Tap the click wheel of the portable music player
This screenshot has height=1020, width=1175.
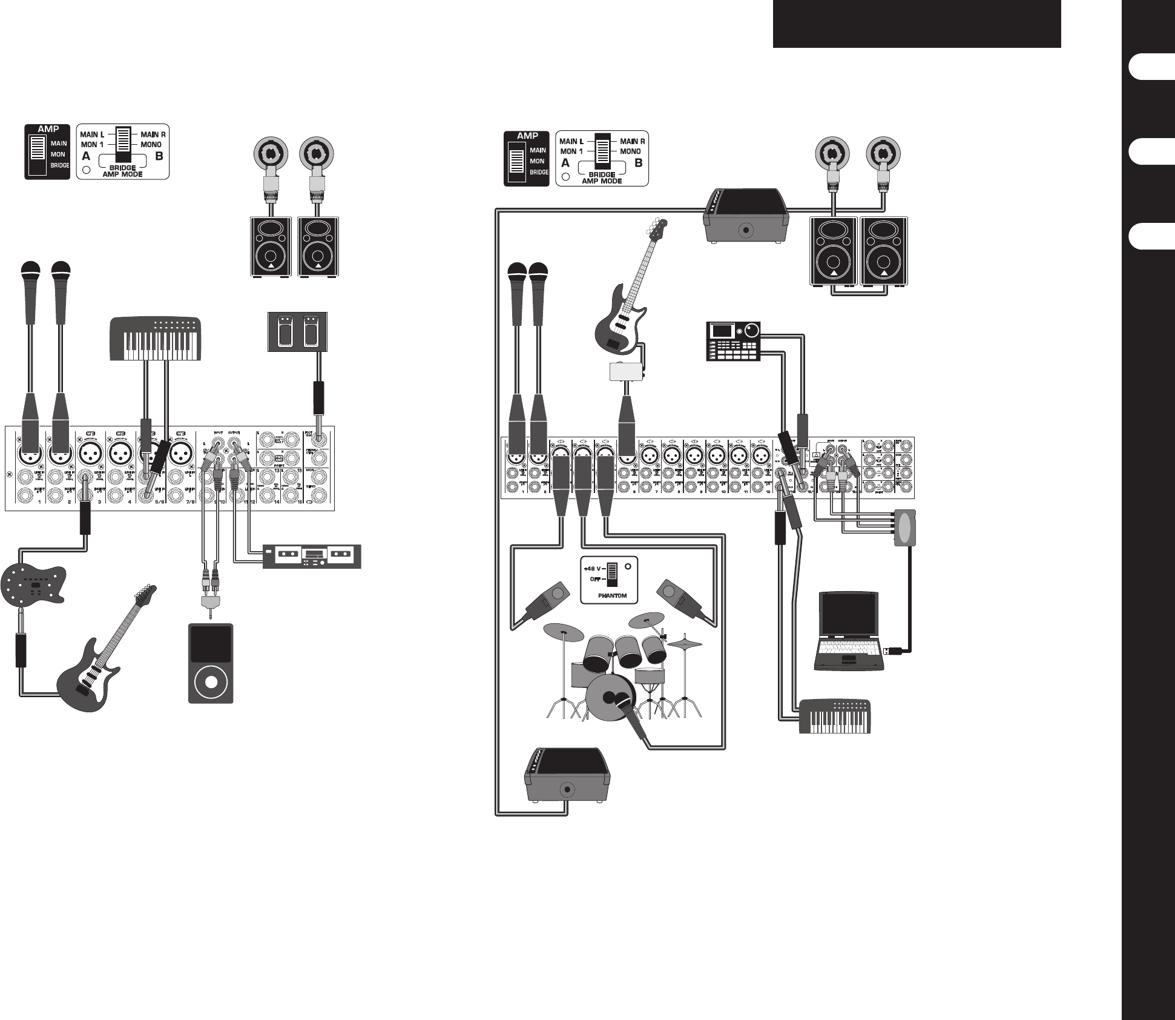click(210, 682)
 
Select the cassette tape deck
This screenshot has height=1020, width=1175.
click(311, 556)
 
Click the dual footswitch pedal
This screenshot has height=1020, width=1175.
click(298, 332)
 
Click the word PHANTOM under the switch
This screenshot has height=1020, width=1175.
click(612, 596)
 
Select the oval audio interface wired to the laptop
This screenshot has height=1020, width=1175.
click(905, 527)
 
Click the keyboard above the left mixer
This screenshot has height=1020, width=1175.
click(155, 339)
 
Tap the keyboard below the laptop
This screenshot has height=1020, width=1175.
click(835, 717)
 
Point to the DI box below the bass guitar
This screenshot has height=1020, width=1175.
click(626, 371)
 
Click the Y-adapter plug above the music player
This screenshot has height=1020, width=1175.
click(211, 602)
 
